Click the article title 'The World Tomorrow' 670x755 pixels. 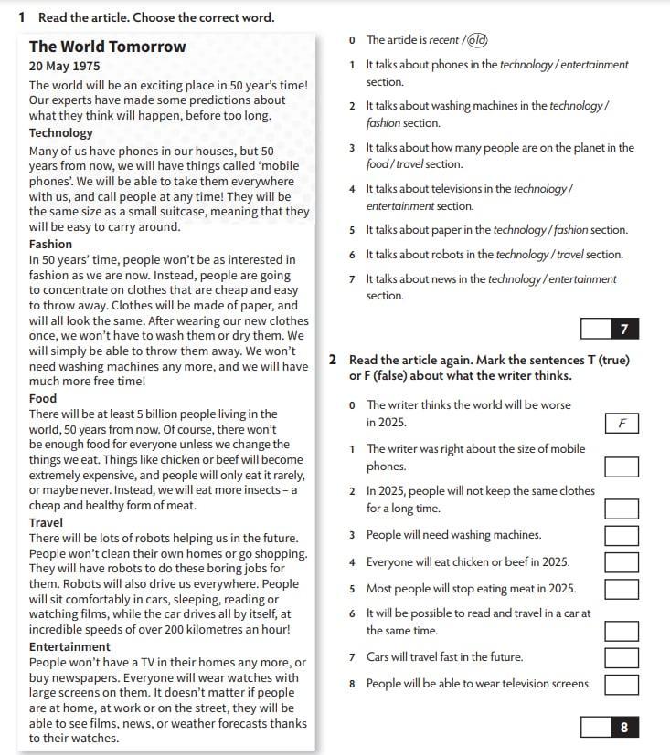coord(107,47)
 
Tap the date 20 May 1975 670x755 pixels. coord(65,67)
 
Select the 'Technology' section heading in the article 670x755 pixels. coord(61,132)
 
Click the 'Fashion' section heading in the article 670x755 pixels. coord(50,244)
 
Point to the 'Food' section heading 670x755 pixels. coord(43,398)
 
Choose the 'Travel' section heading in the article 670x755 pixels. coord(46,522)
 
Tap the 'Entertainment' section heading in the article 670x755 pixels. coord(69,646)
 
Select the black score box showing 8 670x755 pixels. coord(623,727)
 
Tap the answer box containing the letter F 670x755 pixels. coord(622,424)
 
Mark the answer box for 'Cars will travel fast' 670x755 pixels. coord(622,657)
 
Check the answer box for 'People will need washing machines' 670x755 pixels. coord(622,535)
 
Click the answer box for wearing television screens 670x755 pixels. coord(622,684)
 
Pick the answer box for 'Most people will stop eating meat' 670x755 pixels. coord(622,589)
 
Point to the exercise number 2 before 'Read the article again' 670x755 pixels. coord(334,360)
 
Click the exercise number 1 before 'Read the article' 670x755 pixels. coord(21,17)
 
